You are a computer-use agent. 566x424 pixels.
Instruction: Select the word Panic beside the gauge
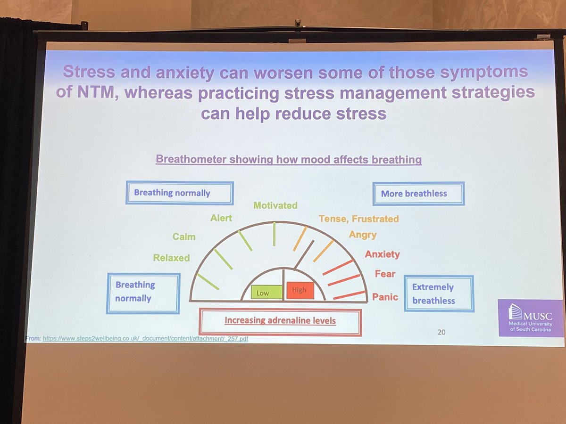click(385, 297)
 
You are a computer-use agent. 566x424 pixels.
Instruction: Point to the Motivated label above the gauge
click(275, 205)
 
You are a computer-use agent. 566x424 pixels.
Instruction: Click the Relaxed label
click(171, 258)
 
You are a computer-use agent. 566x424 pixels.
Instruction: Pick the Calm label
click(184, 236)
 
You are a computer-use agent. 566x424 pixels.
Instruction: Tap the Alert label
click(221, 218)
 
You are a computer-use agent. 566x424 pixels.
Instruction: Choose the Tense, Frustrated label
click(358, 219)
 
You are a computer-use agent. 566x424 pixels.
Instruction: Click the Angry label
click(363, 235)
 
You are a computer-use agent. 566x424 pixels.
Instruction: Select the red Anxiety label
click(383, 254)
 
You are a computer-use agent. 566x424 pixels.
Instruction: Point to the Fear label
click(385, 274)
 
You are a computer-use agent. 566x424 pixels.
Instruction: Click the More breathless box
click(418, 194)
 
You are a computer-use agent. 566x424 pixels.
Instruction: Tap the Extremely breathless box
click(439, 294)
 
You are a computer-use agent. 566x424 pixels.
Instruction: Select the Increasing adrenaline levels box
click(280, 321)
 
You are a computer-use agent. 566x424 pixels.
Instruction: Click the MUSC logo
click(531, 318)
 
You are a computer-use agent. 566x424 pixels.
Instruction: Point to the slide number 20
click(441, 332)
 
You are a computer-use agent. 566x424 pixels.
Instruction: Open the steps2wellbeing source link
click(143, 338)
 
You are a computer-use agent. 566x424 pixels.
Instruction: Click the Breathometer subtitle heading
click(289, 160)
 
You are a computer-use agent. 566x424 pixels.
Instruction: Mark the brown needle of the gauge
click(304, 254)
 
